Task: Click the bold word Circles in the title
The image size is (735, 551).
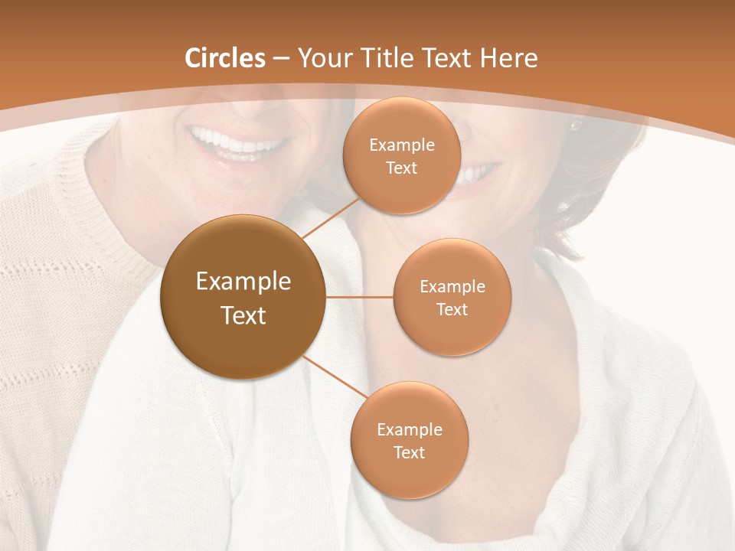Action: [225, 57]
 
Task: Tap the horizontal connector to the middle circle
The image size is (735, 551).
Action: [359, 297]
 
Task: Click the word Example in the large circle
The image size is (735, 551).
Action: [243, 282]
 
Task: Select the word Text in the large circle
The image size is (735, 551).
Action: [243, 315]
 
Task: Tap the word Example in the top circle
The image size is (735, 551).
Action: [401, 145]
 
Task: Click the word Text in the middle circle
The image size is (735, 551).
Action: [452, 309]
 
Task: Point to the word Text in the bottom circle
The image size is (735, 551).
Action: [409, 452]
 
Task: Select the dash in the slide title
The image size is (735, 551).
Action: [281, 59]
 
